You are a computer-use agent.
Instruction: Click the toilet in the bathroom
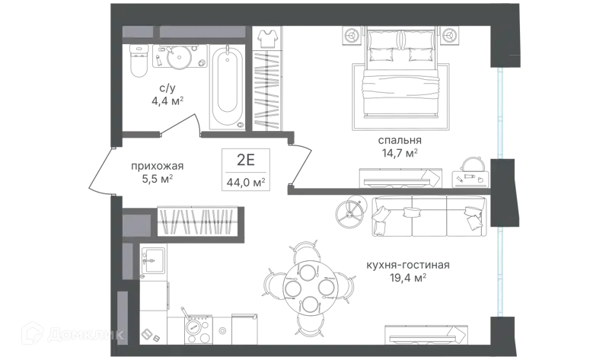click(139, 60)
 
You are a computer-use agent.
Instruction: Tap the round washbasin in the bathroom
click(179, 57)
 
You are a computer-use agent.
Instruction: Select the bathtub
click(227, 88)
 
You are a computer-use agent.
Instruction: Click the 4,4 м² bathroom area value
click(167, 101)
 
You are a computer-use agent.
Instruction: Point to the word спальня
click(400, 140)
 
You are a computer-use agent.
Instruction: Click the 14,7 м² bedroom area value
click(400, 153)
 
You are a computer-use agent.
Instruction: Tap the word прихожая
click(157, 166)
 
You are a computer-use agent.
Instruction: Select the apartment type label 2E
click(245, 159)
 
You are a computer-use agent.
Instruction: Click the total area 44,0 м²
click(246, 182)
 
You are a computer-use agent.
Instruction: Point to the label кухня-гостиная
click(408, 265)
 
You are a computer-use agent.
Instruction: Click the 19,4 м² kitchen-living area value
click(408, 278)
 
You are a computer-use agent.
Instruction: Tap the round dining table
click(311, 288)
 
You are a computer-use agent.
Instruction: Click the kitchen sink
click(153, 261)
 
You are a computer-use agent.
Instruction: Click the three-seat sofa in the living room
click(429, 216)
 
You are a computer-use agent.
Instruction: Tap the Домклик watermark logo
click(73, 333)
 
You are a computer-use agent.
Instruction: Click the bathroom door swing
click(179, 124)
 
